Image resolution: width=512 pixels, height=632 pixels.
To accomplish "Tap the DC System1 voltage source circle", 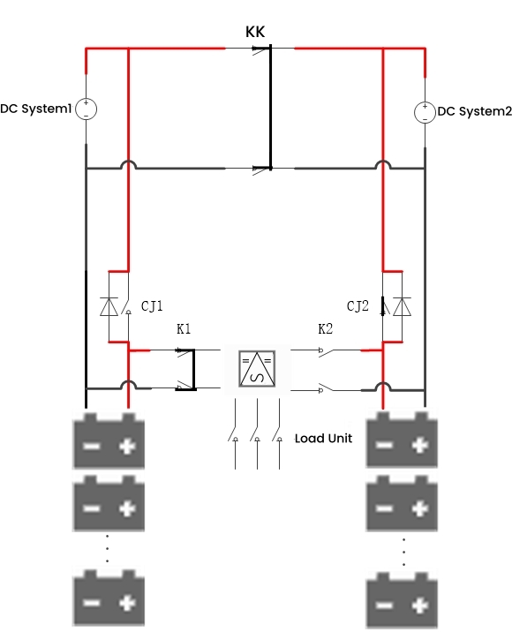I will [86, 109].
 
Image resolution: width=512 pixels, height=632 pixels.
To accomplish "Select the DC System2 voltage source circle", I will [425, 112].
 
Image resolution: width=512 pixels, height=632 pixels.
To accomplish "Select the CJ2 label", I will [358, 306].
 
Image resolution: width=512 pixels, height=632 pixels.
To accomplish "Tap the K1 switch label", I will [184, 329].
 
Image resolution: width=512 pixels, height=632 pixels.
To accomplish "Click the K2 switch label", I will [326, 329].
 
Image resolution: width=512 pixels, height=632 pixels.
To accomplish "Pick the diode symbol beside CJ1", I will [108, 306].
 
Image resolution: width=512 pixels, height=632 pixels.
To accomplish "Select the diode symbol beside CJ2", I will [403, 306].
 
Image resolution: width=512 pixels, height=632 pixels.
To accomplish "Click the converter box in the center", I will [256, 367].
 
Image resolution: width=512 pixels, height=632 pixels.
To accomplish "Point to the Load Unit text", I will [323, 438].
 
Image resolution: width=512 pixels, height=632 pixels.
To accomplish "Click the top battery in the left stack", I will [108, 440].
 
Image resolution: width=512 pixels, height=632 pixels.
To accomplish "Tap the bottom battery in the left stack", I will [108, 599].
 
